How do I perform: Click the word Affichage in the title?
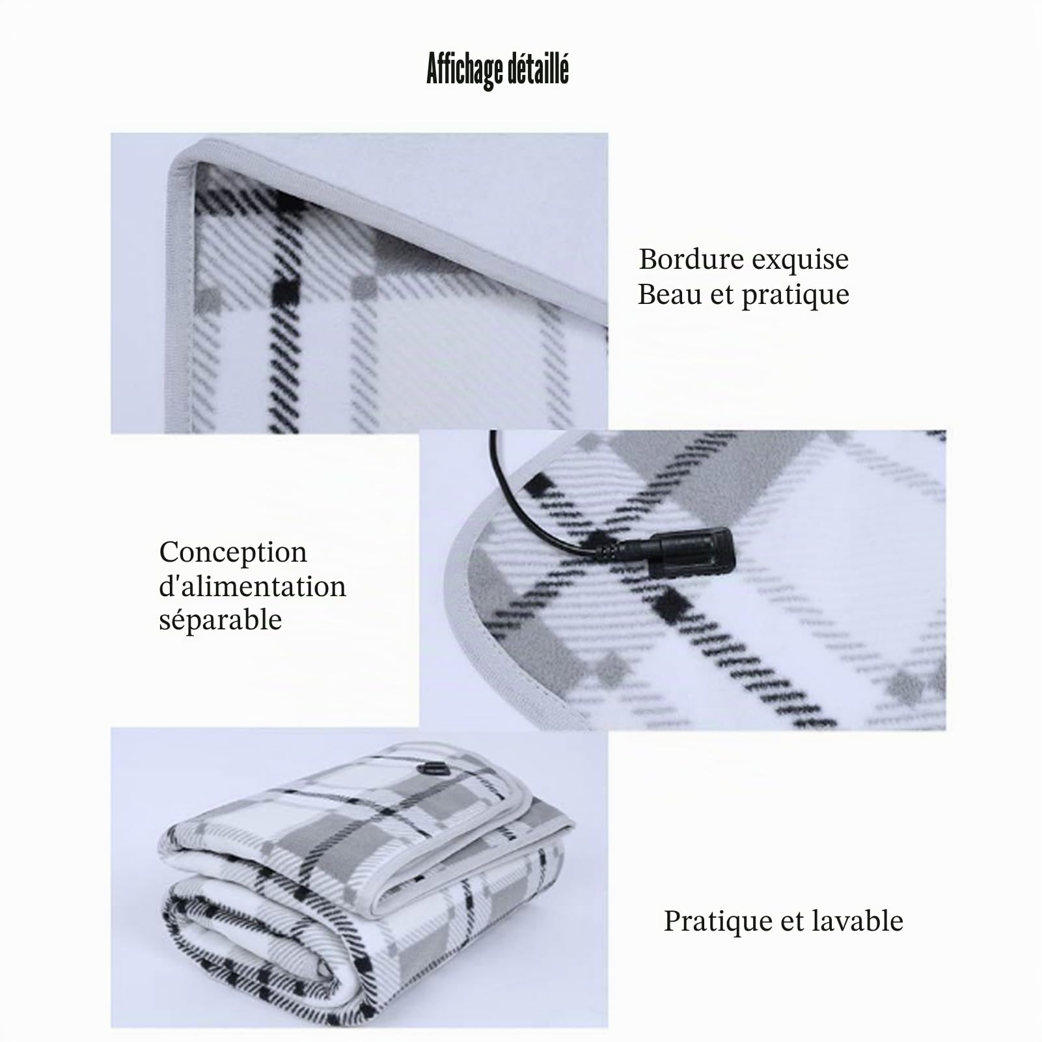[x=463, y=70]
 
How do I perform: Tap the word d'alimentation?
[x=253, y=586]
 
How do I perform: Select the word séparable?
[x=221, y=620]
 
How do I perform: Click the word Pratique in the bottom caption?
[x=716, y=922]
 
